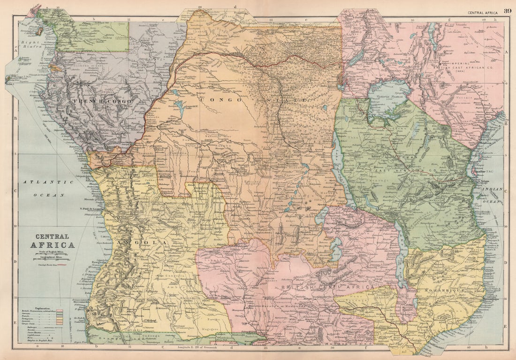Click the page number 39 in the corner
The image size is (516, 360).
(508, 11)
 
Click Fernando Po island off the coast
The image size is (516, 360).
(39, 31)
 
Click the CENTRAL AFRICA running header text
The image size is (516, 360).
(483, 11)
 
